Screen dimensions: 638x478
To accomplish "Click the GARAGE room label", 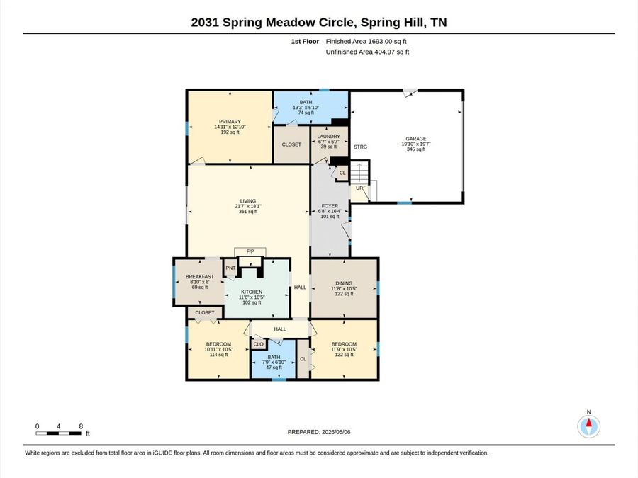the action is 416,139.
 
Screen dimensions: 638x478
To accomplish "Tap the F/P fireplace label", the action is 250,251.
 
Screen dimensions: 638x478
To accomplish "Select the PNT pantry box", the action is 230,268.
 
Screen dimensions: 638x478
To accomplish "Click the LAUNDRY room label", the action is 329,137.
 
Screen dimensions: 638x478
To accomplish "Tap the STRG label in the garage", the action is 360,147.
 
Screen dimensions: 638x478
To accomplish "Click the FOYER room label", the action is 330,206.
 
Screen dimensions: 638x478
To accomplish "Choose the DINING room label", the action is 344,283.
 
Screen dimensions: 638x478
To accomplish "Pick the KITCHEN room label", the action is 252,292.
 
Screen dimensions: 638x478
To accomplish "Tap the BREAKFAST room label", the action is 200,276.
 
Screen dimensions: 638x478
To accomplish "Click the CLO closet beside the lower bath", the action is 258,344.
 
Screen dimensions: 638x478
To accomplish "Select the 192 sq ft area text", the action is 230,132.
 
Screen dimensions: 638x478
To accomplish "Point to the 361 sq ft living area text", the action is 248,211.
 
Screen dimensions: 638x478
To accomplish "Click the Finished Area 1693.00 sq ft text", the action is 366,42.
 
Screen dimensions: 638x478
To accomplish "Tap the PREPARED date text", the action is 319,432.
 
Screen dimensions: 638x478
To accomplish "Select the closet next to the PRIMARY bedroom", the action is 291,144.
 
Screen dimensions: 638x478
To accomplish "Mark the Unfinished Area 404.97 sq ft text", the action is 367,52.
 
